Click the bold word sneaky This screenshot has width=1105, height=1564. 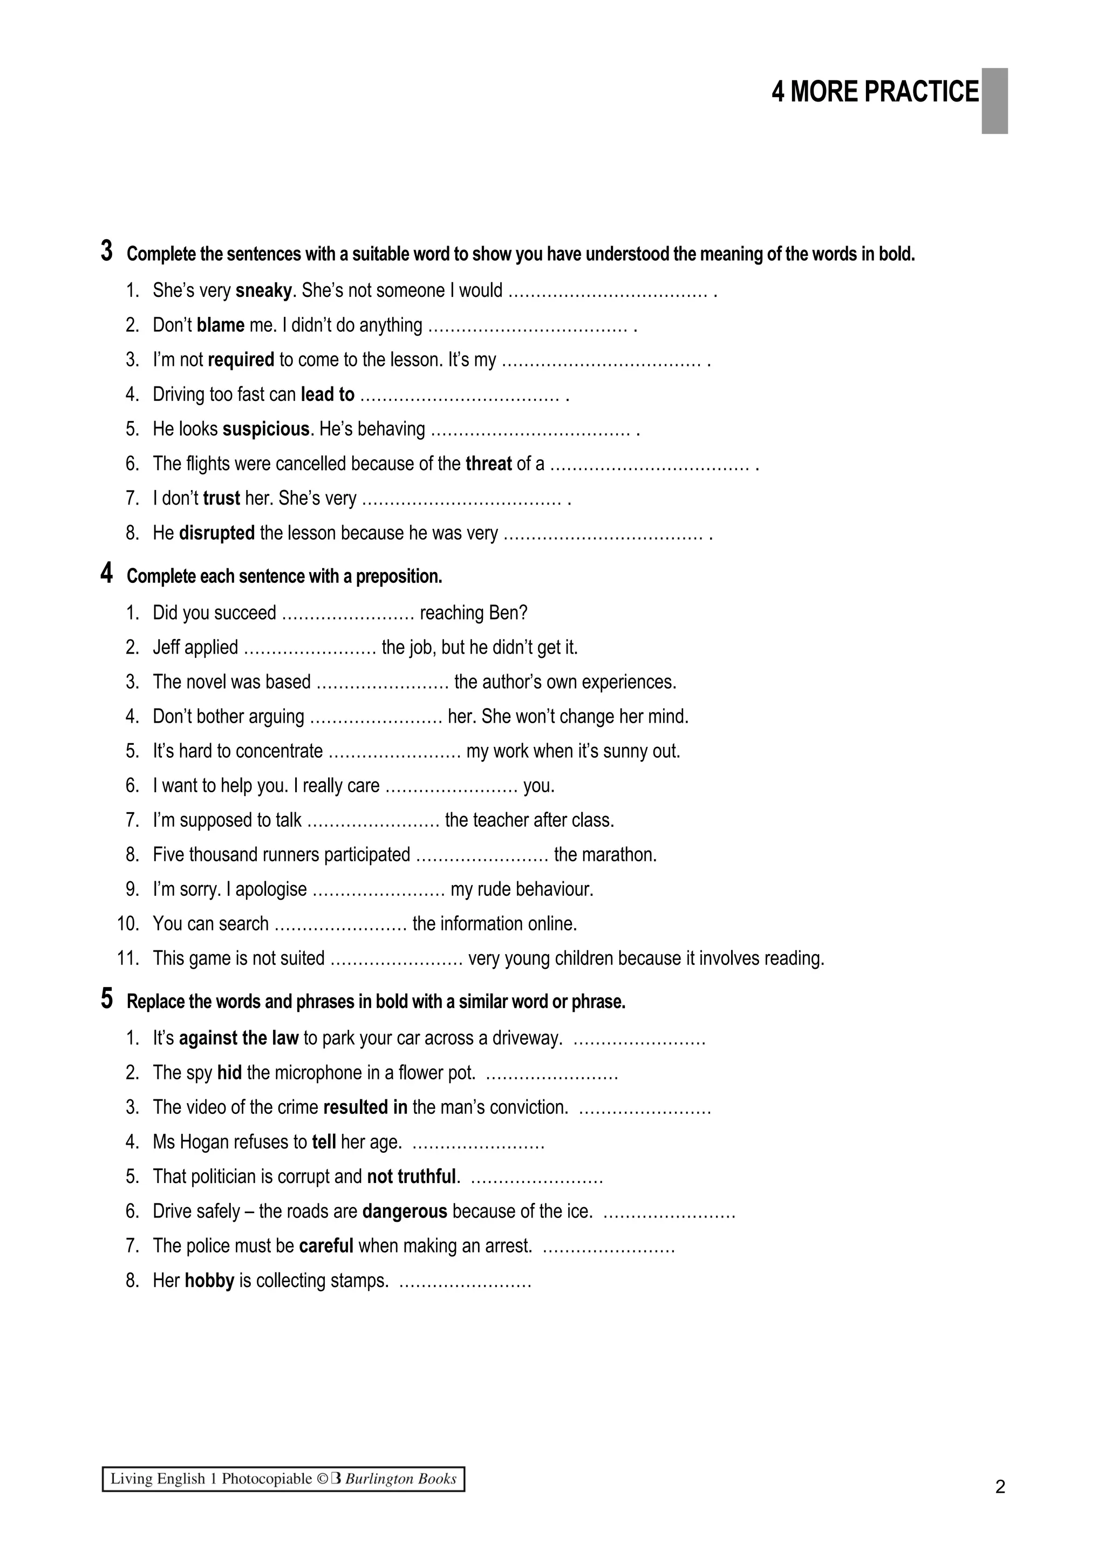pyautogui.click(x=263, y=291)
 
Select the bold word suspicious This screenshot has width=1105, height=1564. pyautogui.click(x=266, y=429)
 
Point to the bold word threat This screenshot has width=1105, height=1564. pyautogui.click(x=488, y=464)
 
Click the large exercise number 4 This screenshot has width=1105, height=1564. pyautogui.click(x=107, y=574)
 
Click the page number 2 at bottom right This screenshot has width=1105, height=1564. pyautogui.click(x=999, y=1486)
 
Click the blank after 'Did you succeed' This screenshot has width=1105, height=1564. pyautogui.click(x=348, y=614)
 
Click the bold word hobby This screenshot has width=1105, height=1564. pyautogui.click(x=209, y=1281)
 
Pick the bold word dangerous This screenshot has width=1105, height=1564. pyautogui.click(x=405, y=1211)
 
